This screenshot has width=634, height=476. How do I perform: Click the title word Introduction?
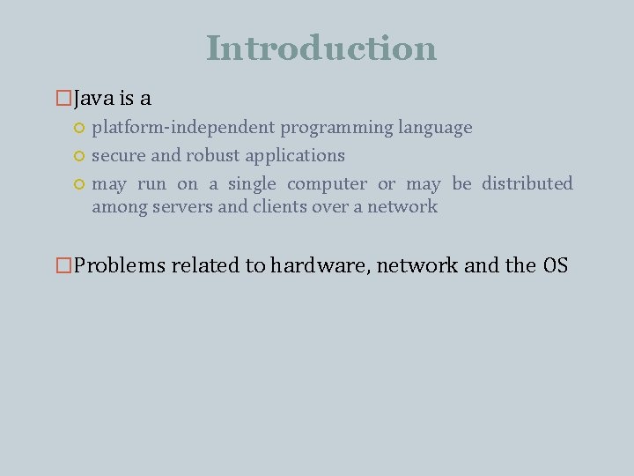tap(321, 48)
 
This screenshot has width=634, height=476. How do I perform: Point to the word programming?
tap(336, 128)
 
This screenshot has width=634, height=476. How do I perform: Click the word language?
tap(435, 128)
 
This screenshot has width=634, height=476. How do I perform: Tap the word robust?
tap(212, 155)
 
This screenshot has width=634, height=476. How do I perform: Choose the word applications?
tap(295, 155)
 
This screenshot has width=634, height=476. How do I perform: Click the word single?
tap(252, 183)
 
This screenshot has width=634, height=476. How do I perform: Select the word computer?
tap(327, 183)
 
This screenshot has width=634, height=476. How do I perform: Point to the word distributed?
tap(527, 183)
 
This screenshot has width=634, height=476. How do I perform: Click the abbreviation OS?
tap(556, 265)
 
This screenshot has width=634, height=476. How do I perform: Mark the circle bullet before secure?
tap(78, 156)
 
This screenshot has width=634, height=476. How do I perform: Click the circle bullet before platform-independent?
tap(78, 129)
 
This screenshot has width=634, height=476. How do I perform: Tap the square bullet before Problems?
tap(63, 265)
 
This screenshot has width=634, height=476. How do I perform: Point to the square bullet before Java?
tap(63, 99)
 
